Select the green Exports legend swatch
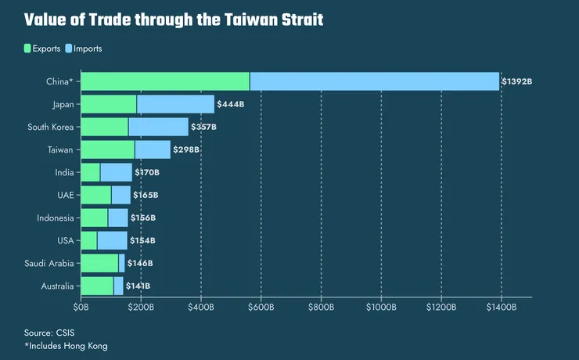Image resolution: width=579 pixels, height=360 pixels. click(28, 49)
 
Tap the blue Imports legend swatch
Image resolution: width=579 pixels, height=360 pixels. click(69, 49)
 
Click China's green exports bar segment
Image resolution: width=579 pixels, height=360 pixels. click(165, 81)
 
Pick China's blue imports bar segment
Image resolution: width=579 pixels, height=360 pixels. click(374, 81)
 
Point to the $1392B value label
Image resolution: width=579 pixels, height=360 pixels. click(517, 81)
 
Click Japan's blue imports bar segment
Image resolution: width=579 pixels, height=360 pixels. click(175, 104)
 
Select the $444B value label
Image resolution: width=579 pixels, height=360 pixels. click(231, 104)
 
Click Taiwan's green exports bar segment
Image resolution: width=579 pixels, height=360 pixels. click(108, 149)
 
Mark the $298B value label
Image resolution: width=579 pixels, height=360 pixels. click(186, 149)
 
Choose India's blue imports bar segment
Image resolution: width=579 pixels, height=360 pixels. click(116, 172)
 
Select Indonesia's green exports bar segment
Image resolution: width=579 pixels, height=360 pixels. click(95, 218)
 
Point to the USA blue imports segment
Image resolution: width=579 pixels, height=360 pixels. click(112, 240)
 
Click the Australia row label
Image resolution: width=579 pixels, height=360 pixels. click(57, 286)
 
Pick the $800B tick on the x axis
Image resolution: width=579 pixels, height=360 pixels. click(321, 307)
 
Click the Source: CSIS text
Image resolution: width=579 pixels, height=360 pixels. click(50, 333)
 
